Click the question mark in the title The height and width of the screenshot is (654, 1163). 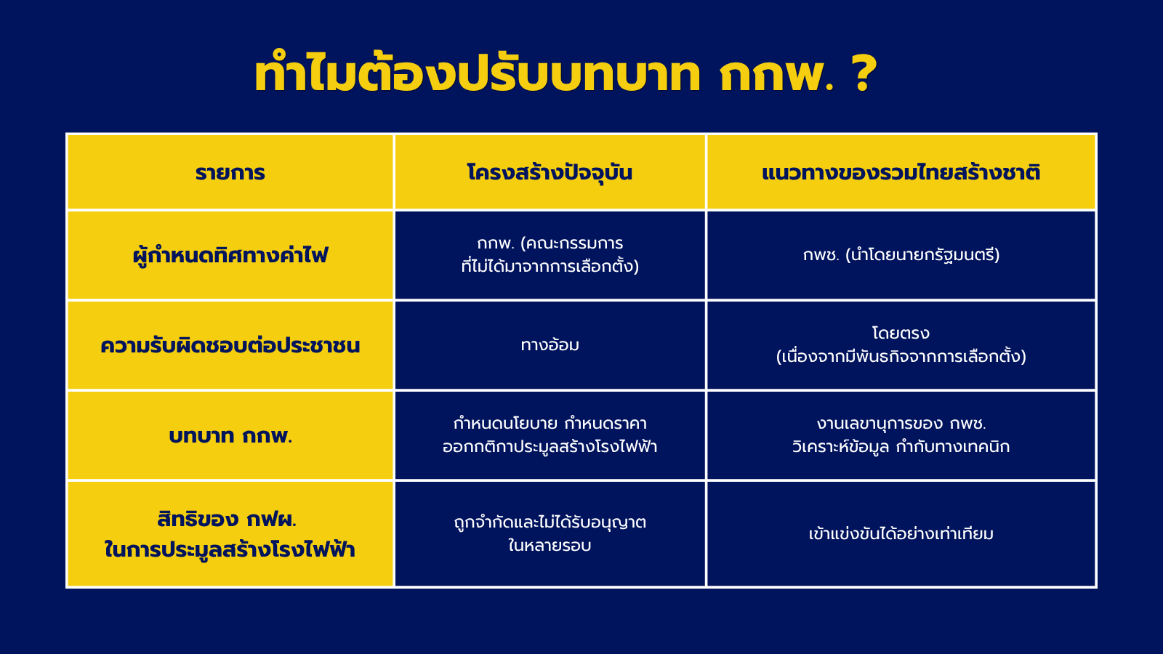click(x=864, y=73)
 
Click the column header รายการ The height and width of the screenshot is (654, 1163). click(x=230, y=172)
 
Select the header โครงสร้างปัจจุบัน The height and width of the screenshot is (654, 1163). click(x=550, y=171)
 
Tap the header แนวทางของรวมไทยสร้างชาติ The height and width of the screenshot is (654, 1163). click(x=901, y=171)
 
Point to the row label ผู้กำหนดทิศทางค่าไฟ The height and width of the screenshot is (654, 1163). click(x=230, y=255)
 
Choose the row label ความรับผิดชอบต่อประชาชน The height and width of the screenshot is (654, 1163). click(x=230, y=344)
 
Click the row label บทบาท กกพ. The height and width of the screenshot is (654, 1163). click(x=230, y=435)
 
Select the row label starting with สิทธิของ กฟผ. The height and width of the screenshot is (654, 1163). click(x=230, y=535)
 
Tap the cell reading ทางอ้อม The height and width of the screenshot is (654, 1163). click(x=550, y=344)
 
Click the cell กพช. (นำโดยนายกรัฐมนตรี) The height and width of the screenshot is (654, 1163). click(x=901, y=255)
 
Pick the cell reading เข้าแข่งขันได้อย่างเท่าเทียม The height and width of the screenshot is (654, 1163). click(x=901, y=533)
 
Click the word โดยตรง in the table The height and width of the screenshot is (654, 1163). click(x=901, y=333)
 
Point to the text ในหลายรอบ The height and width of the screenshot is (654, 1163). click(x=550, y=545)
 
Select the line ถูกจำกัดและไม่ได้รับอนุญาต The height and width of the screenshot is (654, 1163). click(x=550, y=522)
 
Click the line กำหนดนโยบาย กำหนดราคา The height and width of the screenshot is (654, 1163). click(x=550, y=423)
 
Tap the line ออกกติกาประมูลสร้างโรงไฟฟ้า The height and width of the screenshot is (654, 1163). click(x=550, y=446)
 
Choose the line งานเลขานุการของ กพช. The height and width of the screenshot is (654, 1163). click(x=901, y=424)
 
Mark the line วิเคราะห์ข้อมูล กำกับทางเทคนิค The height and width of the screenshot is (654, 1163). click(x=901, y=446)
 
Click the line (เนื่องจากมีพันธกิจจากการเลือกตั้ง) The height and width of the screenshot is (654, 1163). click(x=901, y=356)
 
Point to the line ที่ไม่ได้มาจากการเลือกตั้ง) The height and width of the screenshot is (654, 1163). click(x=550, y=265)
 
